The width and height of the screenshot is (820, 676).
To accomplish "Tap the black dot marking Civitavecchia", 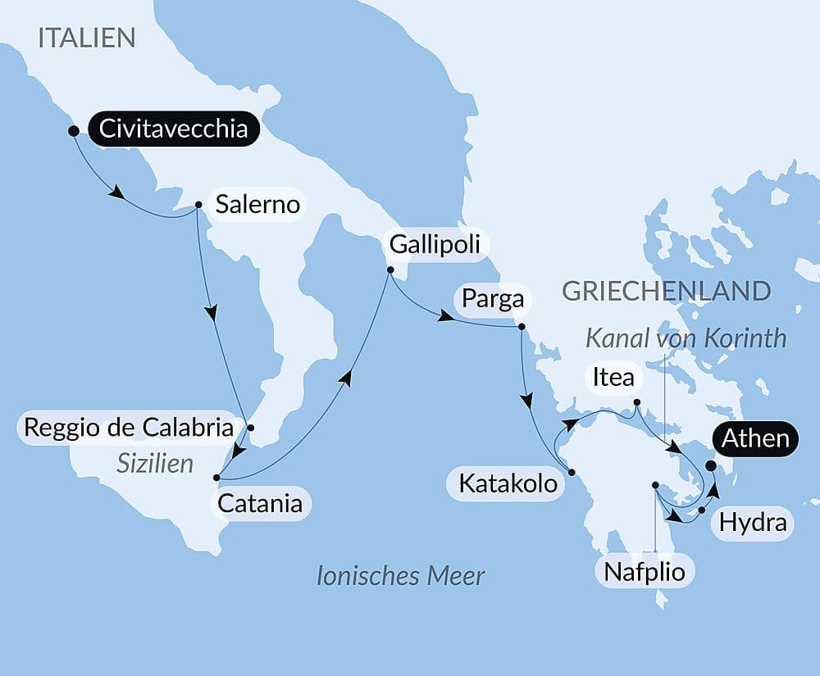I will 73,130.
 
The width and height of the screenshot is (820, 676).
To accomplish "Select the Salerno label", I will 257,204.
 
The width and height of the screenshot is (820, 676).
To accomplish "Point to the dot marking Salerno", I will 198,206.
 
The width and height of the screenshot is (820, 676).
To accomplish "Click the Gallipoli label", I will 435,244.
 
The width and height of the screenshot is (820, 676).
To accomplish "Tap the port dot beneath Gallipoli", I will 390,270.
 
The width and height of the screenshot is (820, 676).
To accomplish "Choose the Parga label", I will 492,298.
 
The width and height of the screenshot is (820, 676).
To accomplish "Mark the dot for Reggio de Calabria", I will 251,428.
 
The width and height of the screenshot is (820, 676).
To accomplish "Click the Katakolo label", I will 508,483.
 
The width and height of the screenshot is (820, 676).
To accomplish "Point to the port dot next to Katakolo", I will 572,472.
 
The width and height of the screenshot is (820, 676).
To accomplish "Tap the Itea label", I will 613,377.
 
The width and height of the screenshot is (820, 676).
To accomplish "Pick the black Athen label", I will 755,438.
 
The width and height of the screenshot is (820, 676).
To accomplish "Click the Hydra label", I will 753,522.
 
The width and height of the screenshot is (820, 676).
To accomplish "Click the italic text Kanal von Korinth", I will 686,338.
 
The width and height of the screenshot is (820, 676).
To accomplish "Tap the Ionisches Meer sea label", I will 401,575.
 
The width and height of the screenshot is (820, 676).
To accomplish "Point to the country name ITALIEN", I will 86,38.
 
